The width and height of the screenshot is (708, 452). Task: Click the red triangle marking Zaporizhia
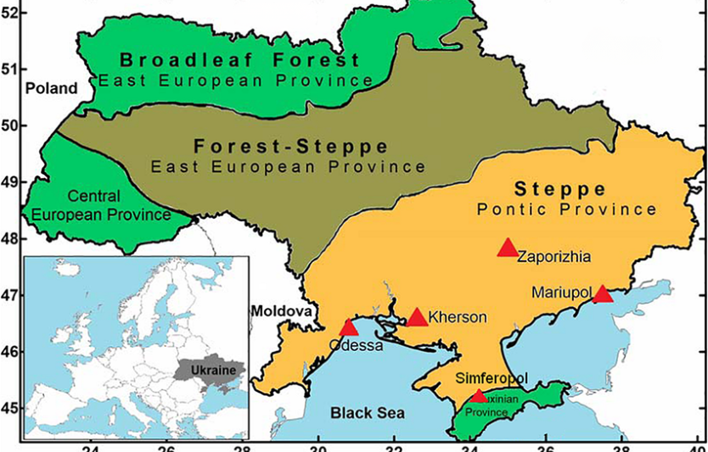(508, 248)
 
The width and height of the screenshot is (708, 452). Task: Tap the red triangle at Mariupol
(602, 294)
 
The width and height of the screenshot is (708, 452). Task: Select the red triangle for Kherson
(417, 318)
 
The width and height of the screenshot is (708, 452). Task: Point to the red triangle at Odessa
(349, 328)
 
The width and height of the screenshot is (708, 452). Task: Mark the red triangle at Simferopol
(479, 395)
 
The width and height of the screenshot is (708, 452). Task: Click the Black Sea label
(368, 413)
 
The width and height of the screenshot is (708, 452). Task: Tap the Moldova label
(278, 311)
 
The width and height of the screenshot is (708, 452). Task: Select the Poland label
(50, 88)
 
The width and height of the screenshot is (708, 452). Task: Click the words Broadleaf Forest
(239, 60)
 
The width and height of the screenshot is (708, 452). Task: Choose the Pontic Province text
(566, 209)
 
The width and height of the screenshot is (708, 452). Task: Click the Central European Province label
(101, 206)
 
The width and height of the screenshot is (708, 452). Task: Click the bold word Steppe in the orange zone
(559, 188)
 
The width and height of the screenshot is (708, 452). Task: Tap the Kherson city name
(458, 318)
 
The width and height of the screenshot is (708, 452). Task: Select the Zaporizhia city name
(553, 255)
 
